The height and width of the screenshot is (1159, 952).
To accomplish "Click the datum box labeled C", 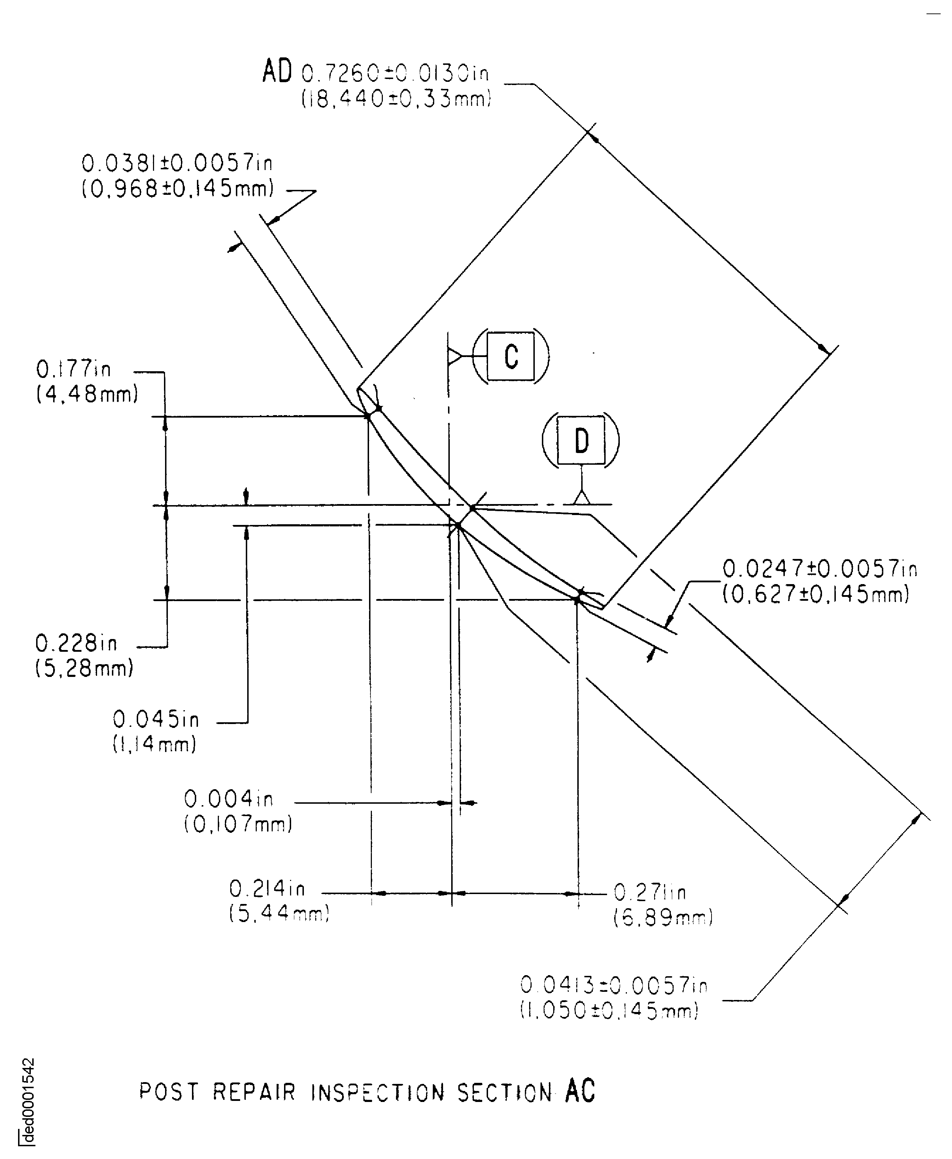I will pos(511,357).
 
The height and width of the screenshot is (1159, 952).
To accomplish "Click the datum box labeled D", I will pos(581,440).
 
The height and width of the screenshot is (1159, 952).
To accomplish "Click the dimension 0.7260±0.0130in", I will pos(395,73).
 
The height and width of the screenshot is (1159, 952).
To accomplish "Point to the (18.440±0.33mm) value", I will pos(396,99).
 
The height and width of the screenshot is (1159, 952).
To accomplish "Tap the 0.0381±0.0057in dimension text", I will pos(177,163).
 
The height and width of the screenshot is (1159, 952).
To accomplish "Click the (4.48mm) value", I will pos(87,394).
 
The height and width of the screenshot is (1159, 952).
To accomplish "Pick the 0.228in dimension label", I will pos(76,643).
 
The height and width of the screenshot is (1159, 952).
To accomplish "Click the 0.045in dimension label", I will pos(156,719).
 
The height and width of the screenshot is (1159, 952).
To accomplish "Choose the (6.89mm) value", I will pos(662,918).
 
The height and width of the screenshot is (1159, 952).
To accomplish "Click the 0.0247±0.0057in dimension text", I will pos(819,569).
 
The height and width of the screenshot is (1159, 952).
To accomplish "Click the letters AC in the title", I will pos(580,1091).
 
